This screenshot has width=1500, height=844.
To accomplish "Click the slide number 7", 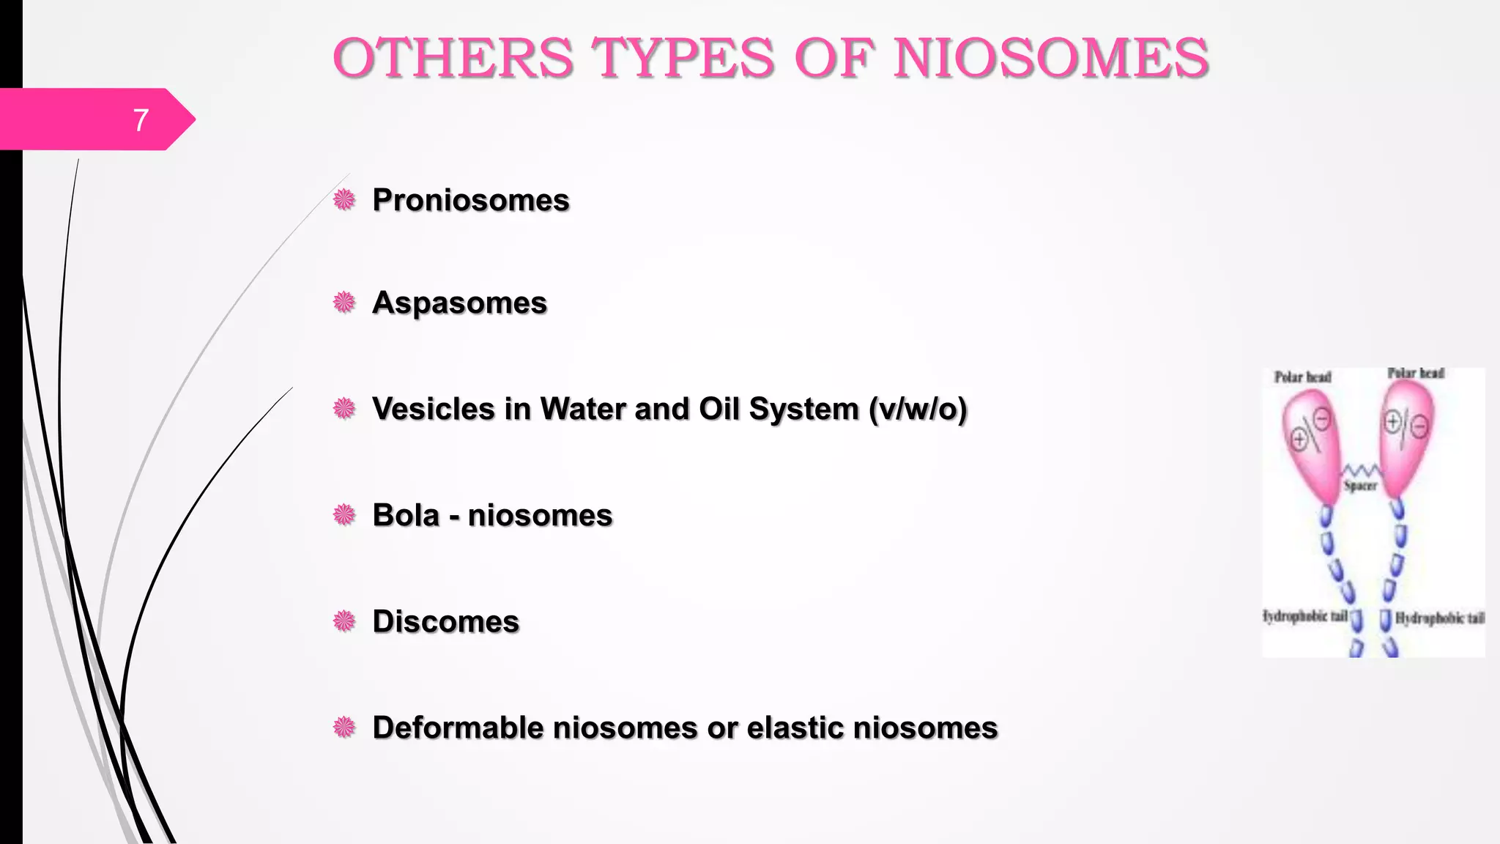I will [x=141, y=119].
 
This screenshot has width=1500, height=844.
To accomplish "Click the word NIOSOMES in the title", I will [x=1051, y=58].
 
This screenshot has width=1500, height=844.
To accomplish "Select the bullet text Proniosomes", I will [x=470, y=200].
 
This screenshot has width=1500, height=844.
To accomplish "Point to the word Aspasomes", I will [x=459, y=303].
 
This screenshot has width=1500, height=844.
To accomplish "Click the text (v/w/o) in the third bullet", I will [x=918, y=409].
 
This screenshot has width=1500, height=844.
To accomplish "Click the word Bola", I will [x=406, y=515].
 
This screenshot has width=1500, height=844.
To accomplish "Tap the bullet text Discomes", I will [x=445, y=621].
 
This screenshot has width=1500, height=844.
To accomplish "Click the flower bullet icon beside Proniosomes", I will [x=344, y=199].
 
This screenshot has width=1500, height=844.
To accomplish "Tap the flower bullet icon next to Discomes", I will [x=344, y=621].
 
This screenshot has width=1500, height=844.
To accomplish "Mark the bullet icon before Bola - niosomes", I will [x=344, y=515].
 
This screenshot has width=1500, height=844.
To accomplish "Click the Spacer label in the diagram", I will [x=1360, y=486].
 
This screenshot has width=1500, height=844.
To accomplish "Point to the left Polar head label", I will [x=1302, y=377].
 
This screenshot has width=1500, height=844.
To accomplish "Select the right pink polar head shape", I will [x=1406, y=436].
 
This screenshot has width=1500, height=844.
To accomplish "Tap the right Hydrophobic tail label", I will [x=1439, y=618].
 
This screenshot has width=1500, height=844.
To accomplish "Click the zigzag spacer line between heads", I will [x=1360, y=470].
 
